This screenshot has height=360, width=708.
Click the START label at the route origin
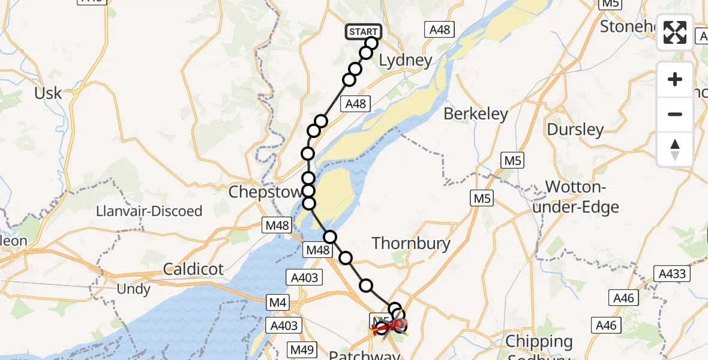(363, 32)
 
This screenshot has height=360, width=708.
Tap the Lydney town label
(406, 61)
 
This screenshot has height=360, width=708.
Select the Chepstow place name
(265, 193)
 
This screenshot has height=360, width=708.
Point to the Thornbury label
(411, 243)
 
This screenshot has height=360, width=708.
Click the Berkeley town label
(476, 114)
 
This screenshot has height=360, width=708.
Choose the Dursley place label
(575, 130)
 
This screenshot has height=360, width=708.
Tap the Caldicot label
(193, 269)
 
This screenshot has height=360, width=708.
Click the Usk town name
(48, 94)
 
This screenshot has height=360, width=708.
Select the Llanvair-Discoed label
(150, 211)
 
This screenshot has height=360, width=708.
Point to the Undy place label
(134, 289)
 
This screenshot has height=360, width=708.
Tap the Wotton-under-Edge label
(581, 197)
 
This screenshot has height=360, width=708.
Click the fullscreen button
(675, 32)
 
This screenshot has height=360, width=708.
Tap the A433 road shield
(671, 274)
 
